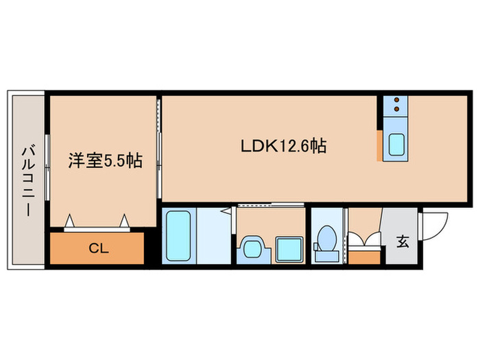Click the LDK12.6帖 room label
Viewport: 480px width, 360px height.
click(x=282, y=145)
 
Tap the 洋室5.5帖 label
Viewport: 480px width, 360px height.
click(x=104, y=161)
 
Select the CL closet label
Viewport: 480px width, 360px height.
click(x=98, y=248)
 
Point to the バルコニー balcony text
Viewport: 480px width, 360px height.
click(x=27, y=180)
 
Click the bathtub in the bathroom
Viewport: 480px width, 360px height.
click(x=179, y=236)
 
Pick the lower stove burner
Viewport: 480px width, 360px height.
click(x=396, y=110)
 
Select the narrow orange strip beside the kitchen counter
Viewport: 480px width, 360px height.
click(x=379, y=145)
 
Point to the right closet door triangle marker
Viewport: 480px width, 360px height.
click(x=124, y=220)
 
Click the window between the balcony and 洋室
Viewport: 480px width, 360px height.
click(x=47, y=162)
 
